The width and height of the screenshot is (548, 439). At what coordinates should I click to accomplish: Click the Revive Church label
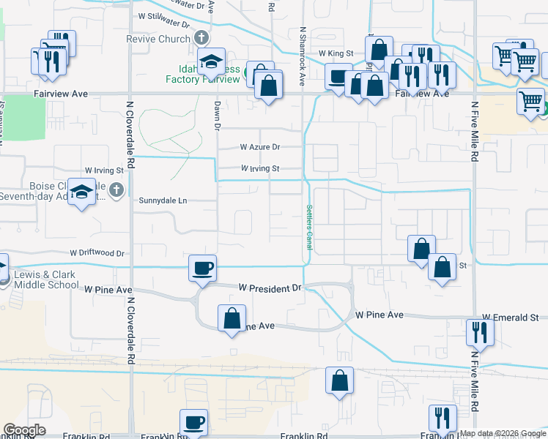[158, 39]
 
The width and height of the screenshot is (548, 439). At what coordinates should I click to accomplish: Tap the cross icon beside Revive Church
[202, 39]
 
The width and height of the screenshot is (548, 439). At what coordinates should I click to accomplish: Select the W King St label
[336, 53]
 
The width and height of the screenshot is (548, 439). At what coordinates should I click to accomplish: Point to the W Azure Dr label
[260, 147]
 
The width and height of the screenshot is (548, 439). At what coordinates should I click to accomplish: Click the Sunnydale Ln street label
[163, 200]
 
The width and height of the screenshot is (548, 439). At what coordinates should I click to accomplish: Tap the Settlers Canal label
[308, 228]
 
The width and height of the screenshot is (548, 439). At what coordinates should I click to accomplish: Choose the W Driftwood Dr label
[97, 253]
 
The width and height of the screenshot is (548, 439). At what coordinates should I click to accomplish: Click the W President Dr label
[271, 288]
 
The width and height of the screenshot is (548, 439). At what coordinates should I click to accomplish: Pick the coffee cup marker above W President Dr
[202, 267]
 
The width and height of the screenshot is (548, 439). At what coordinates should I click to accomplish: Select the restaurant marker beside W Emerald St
[480, 331]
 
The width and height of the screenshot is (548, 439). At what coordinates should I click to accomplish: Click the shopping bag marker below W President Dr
[232, 318]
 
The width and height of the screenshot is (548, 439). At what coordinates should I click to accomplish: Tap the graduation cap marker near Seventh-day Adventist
[82, 192]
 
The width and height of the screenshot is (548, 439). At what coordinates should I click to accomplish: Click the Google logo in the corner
[24, 430]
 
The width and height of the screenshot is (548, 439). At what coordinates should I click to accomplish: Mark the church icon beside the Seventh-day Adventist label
[116, 191]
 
